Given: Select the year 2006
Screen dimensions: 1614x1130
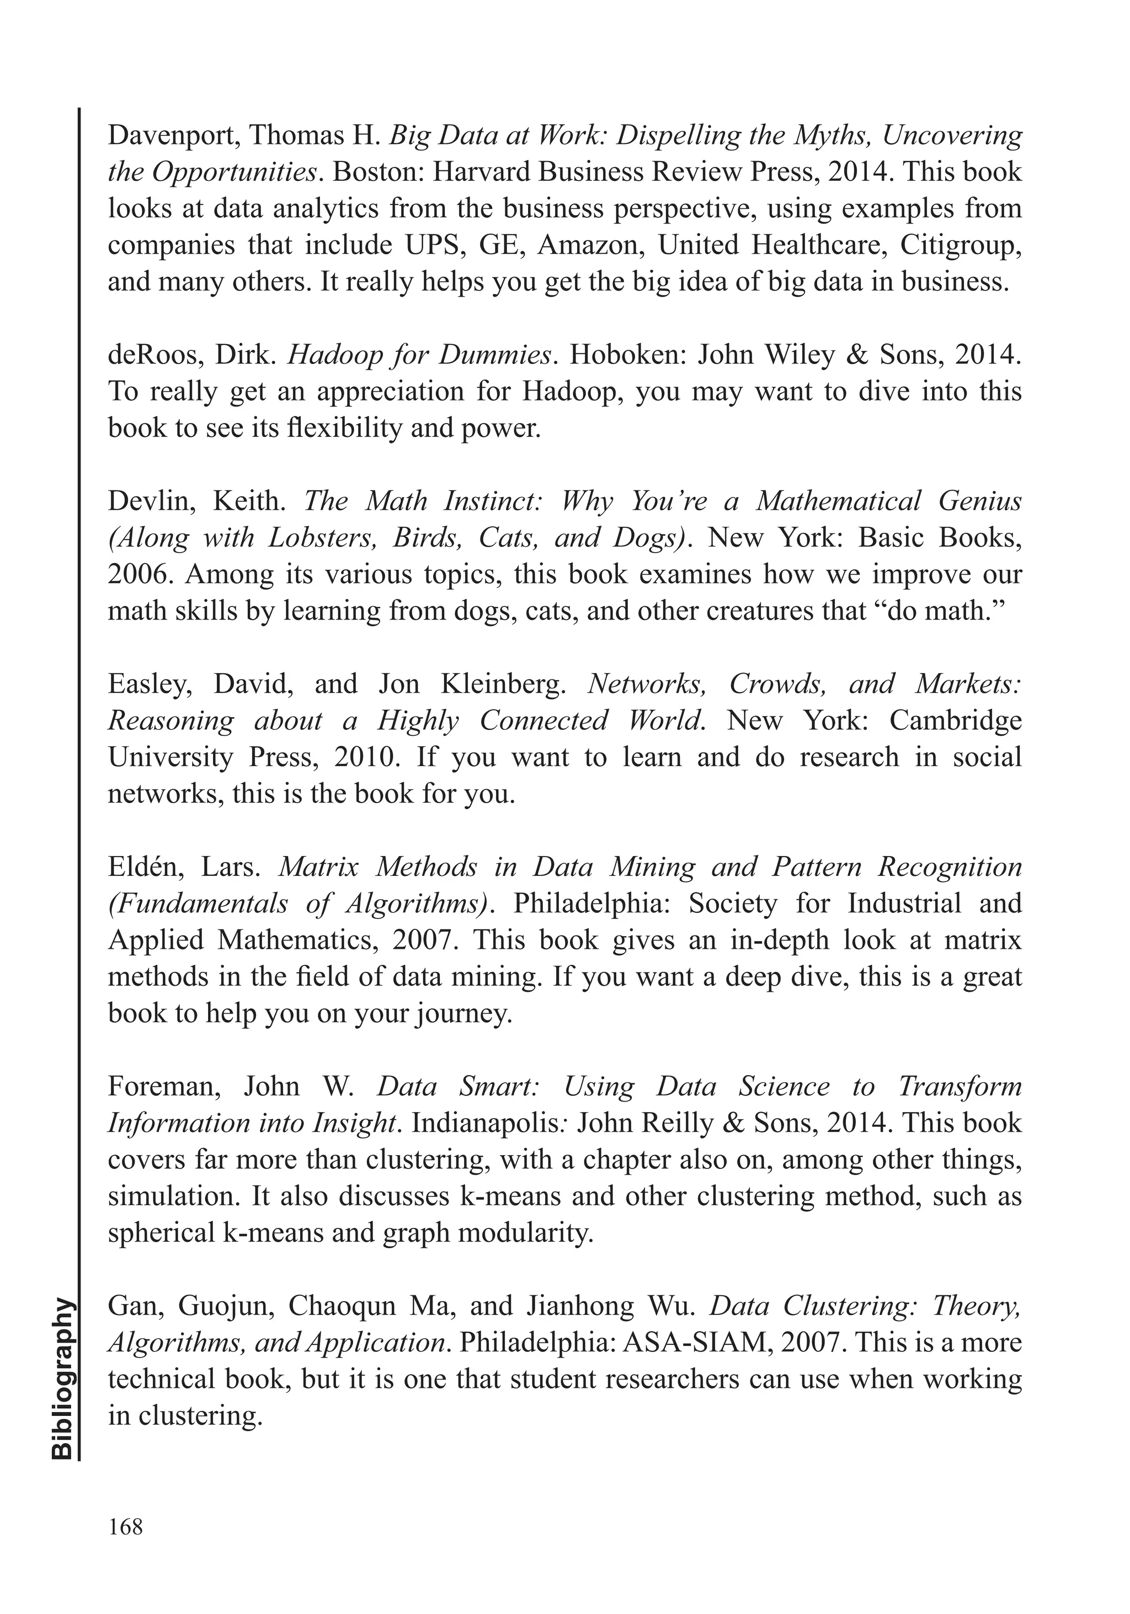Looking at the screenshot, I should point(141,574).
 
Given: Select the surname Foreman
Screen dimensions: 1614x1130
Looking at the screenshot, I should point(164,1087).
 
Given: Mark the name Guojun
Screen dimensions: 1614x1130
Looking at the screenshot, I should point(222,1306).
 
